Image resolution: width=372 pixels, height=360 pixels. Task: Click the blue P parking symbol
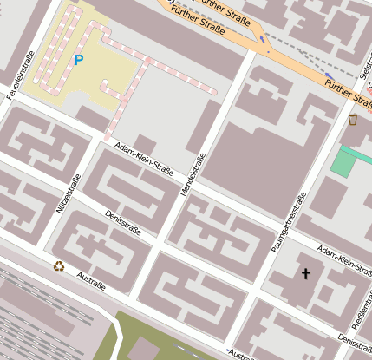coord(79,60)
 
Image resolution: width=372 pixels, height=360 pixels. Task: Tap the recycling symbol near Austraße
coord(59,266)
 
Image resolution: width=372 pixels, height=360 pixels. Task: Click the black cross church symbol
coord(304,274)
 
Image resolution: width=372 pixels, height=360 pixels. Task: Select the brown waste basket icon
coord(352,118)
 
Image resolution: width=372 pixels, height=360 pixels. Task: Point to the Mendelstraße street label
coord(193,174)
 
